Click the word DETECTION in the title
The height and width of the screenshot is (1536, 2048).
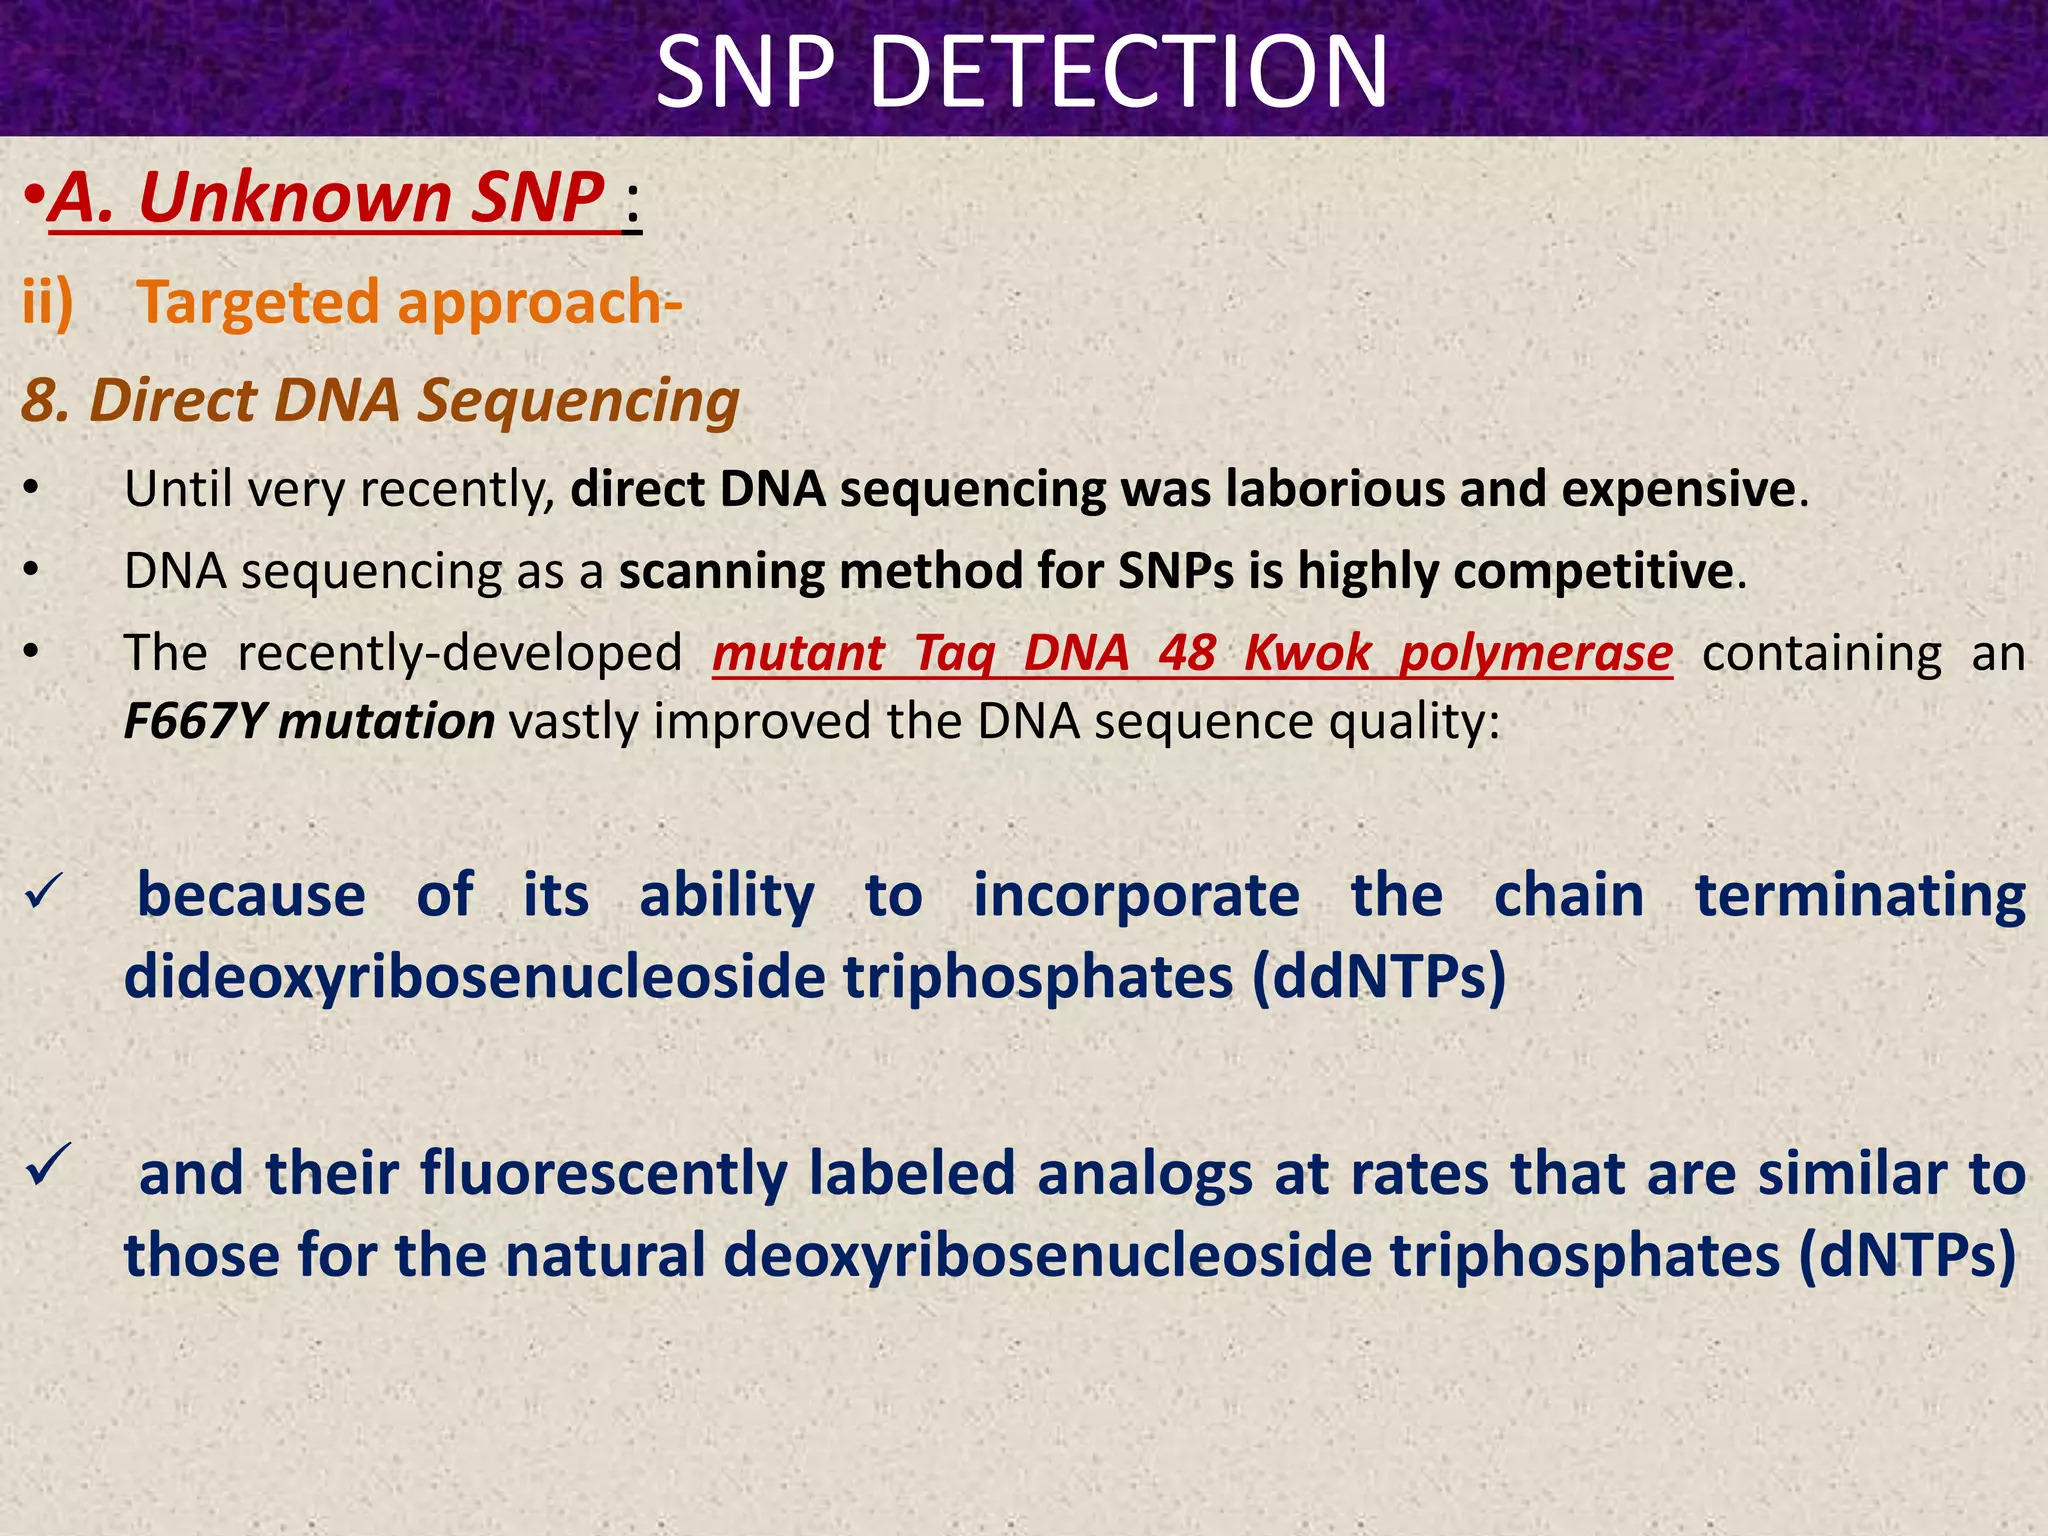pyautogui.click(x=1130, y=72)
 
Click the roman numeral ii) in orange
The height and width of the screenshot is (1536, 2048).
pyautogui.click(x=48, y=302)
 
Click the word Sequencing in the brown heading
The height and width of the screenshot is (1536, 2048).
pyautogui.click(x=578, y=400)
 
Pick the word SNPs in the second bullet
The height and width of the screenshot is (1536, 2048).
pyautogui.click(x=1175, y=571)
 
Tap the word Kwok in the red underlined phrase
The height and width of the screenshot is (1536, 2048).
pyautogui.click(x=1307, y=654)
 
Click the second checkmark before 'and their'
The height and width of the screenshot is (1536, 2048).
pyautogui.click(x=47, y=1166)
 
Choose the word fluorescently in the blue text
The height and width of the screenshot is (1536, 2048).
pyautogui.click(x=603, y=1174)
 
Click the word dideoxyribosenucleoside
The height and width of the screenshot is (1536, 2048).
pyautogui.click(x=474, y=976)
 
